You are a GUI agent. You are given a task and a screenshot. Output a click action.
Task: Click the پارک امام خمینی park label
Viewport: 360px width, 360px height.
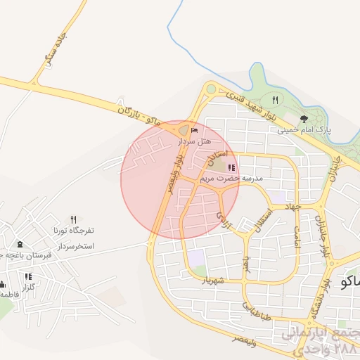pyautogui.click(x=304, y=130)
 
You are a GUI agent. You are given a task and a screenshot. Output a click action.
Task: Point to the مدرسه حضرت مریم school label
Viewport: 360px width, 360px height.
pyautogui.click(x=231, y=179)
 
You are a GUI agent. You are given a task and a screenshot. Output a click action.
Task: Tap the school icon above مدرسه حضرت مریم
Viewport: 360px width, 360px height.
pyautogui.click(x=231, y=167)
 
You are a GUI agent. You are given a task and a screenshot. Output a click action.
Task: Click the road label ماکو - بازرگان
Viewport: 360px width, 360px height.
pyautogui.click(x=139, y=117)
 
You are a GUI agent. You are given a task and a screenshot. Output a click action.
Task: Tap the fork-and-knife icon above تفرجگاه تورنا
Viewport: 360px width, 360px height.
pyautogui.click(x=73, y=219)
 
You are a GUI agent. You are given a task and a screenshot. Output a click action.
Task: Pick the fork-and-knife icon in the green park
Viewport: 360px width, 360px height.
pyautogui.click(x=275, y=100)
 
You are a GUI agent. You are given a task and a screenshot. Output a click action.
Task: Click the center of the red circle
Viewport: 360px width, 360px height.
pyautogui.click(x=171, y=180)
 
